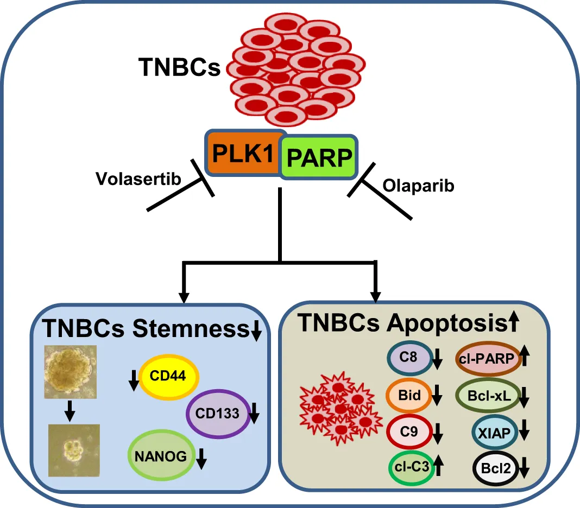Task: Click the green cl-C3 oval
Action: (x=410, y=466)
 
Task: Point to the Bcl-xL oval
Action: (x=486, y=397)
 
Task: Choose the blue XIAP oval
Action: (x=494, y=432)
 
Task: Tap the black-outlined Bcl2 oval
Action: (x=495, y=467)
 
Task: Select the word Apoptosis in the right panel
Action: (x=447, y=324)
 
